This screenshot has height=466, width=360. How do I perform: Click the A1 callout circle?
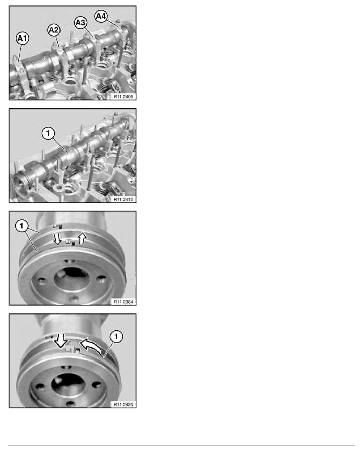23,38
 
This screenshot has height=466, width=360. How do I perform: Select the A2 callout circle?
54,30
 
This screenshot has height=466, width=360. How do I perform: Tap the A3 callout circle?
80,23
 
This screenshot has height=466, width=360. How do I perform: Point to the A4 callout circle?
101,16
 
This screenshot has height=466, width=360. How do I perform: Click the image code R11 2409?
124,96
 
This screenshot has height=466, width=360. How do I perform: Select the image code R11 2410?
124,199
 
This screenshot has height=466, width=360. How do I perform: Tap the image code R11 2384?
124,302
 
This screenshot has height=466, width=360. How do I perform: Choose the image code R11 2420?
124,404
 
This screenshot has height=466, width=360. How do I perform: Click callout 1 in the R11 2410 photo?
48,133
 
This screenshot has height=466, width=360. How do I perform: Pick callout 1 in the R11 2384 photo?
22,226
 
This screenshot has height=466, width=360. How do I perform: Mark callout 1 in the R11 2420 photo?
116,337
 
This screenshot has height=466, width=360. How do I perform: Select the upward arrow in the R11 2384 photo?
82,238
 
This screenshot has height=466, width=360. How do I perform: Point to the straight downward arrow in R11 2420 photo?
61,340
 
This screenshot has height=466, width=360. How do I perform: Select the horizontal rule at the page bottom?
182,446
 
